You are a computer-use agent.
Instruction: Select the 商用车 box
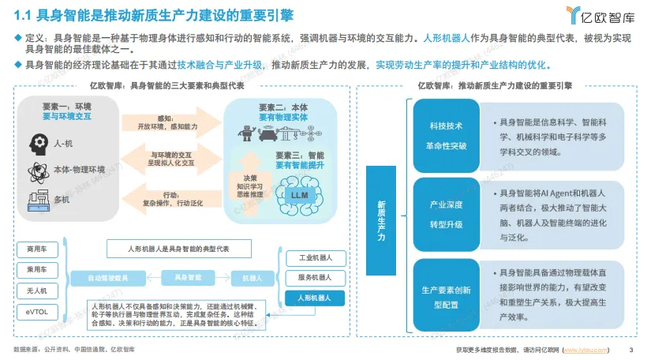click(x=37, y=249)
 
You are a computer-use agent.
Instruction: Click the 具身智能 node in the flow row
click(x=188, y=278)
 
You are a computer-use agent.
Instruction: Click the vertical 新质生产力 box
click(x=381, y=215)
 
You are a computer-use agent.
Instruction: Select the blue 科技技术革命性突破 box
click(x=446, y=133)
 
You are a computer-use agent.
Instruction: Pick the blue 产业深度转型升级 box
click(x=446, y=214)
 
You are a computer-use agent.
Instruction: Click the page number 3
click(x=630, y=350)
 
